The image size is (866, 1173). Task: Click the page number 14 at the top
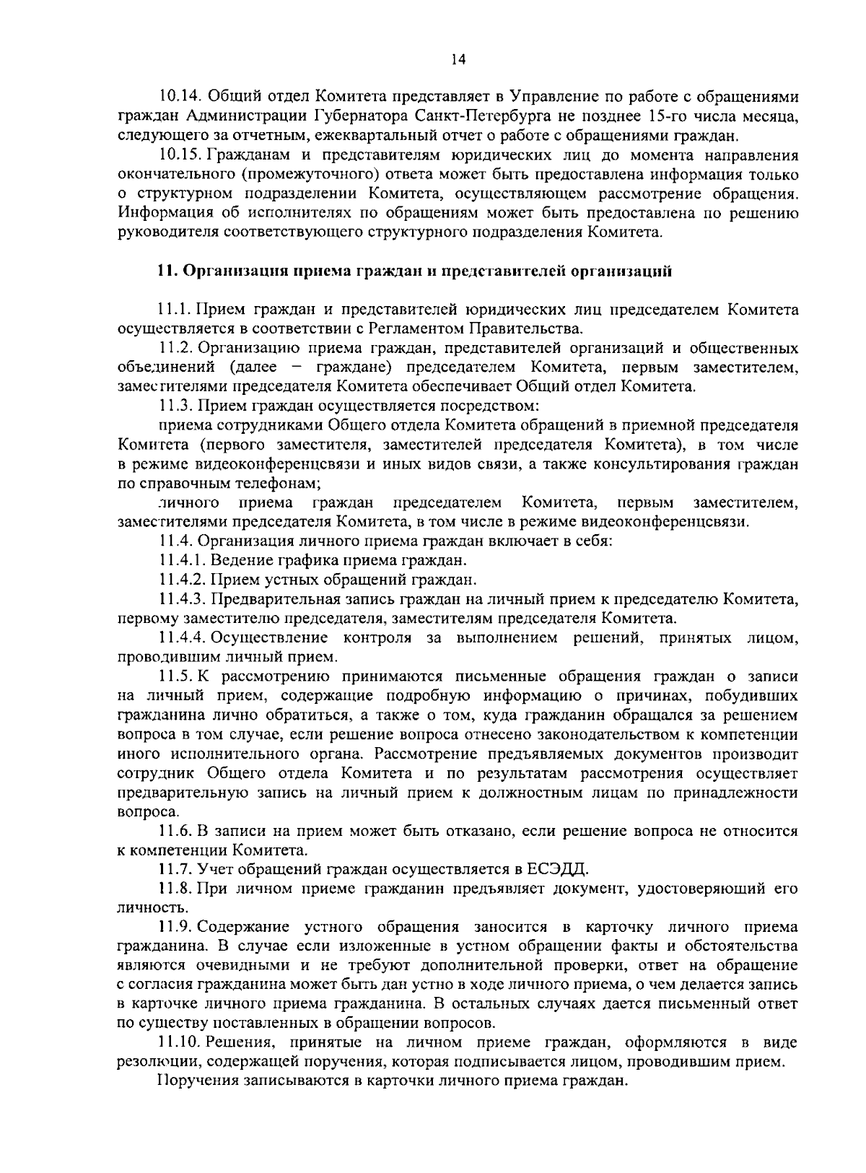pyautogui.click(x=459, y=61)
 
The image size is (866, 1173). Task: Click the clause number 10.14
pyautogui.click(x=180, y=97)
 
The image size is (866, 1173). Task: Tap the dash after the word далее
pyautogui.click(x=297, y=367)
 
